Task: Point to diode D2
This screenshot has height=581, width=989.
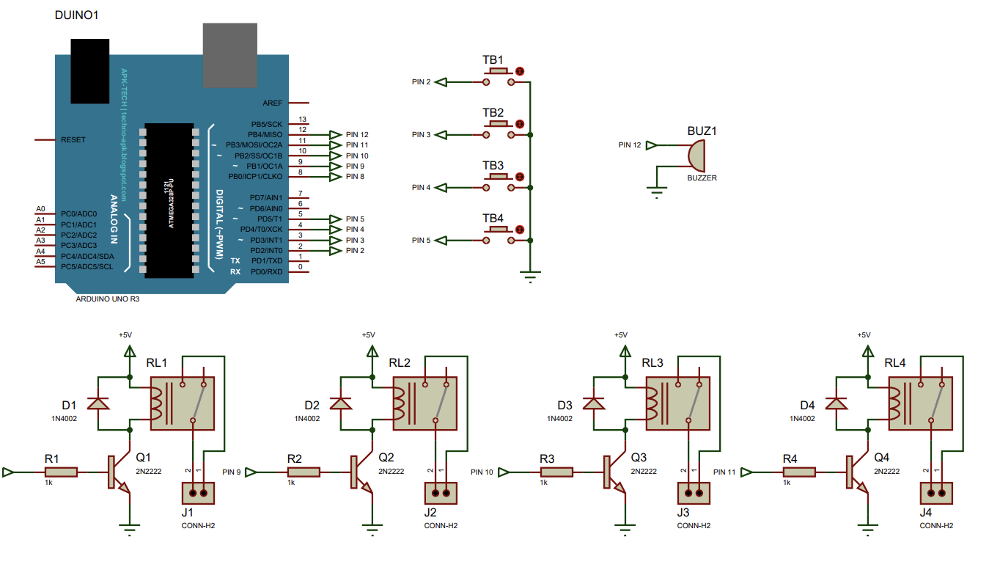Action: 341,403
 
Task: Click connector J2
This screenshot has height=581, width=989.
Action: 441,493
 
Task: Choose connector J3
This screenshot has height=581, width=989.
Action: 694,493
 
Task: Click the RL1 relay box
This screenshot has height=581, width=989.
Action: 183,403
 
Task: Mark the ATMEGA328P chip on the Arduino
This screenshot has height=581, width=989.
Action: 169,200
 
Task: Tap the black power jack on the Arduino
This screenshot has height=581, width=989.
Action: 91,70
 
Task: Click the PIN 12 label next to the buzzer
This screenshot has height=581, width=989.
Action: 629,145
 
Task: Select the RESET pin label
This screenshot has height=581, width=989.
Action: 73,139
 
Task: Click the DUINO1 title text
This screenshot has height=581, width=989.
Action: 78,15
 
